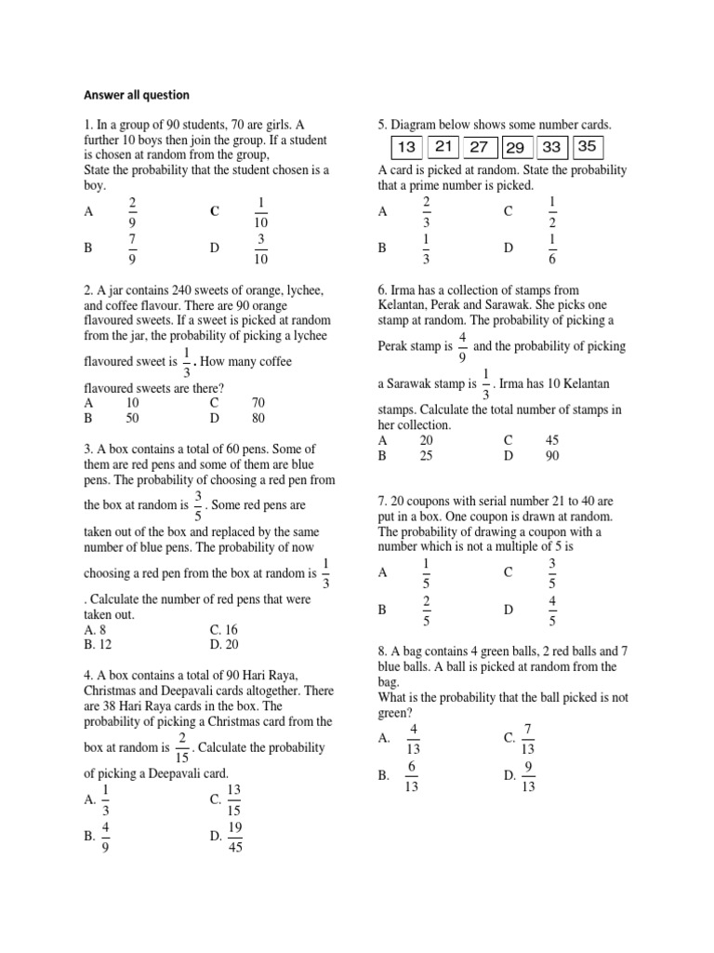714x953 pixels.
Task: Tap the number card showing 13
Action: pos(405,147)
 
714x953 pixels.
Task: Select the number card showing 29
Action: pos(515,148)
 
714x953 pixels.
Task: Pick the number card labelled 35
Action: pos(587,146)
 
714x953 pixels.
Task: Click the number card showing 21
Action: pos(443,147)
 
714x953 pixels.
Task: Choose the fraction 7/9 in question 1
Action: pos(132,248)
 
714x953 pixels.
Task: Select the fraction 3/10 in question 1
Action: pos(261,248)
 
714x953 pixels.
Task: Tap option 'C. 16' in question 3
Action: pos(225,629)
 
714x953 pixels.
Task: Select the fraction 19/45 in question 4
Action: pos(234,837)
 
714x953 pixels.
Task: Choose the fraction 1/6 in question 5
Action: pos(552,248)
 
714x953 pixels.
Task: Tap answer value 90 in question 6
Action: pos(552,456)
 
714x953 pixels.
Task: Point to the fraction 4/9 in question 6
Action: pos(463,345)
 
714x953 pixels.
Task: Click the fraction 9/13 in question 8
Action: pos(529,775)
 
